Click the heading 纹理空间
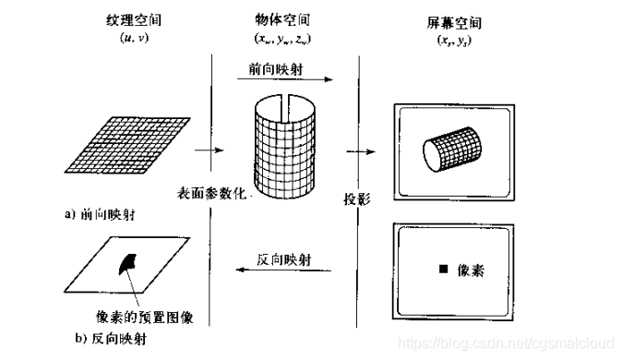click(134, 20)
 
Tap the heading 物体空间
click(282, 19)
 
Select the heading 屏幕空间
click(454, 23)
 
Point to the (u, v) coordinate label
click(134, 38)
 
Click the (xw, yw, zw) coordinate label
click(282, 39)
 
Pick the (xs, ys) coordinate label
click(454, 41)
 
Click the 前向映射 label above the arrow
click(276, 69)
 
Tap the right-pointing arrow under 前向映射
click(285, 79)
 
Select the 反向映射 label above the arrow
click(283, 260)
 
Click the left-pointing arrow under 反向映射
click(283, 270)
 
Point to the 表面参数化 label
click(211, 193)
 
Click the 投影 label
click(357, 199)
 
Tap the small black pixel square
click(444, 270)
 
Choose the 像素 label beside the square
click(471, 270)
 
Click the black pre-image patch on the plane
click(126, 264)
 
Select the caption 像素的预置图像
click(145, 318)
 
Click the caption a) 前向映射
click(100, 215)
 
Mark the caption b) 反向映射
click(111, 339)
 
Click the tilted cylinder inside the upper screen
click(452, 150)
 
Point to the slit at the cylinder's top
click(286, 108)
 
